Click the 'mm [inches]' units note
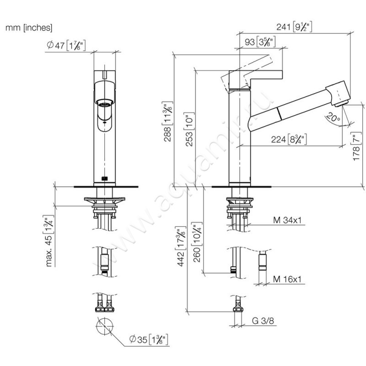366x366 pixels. coord(29,27)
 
